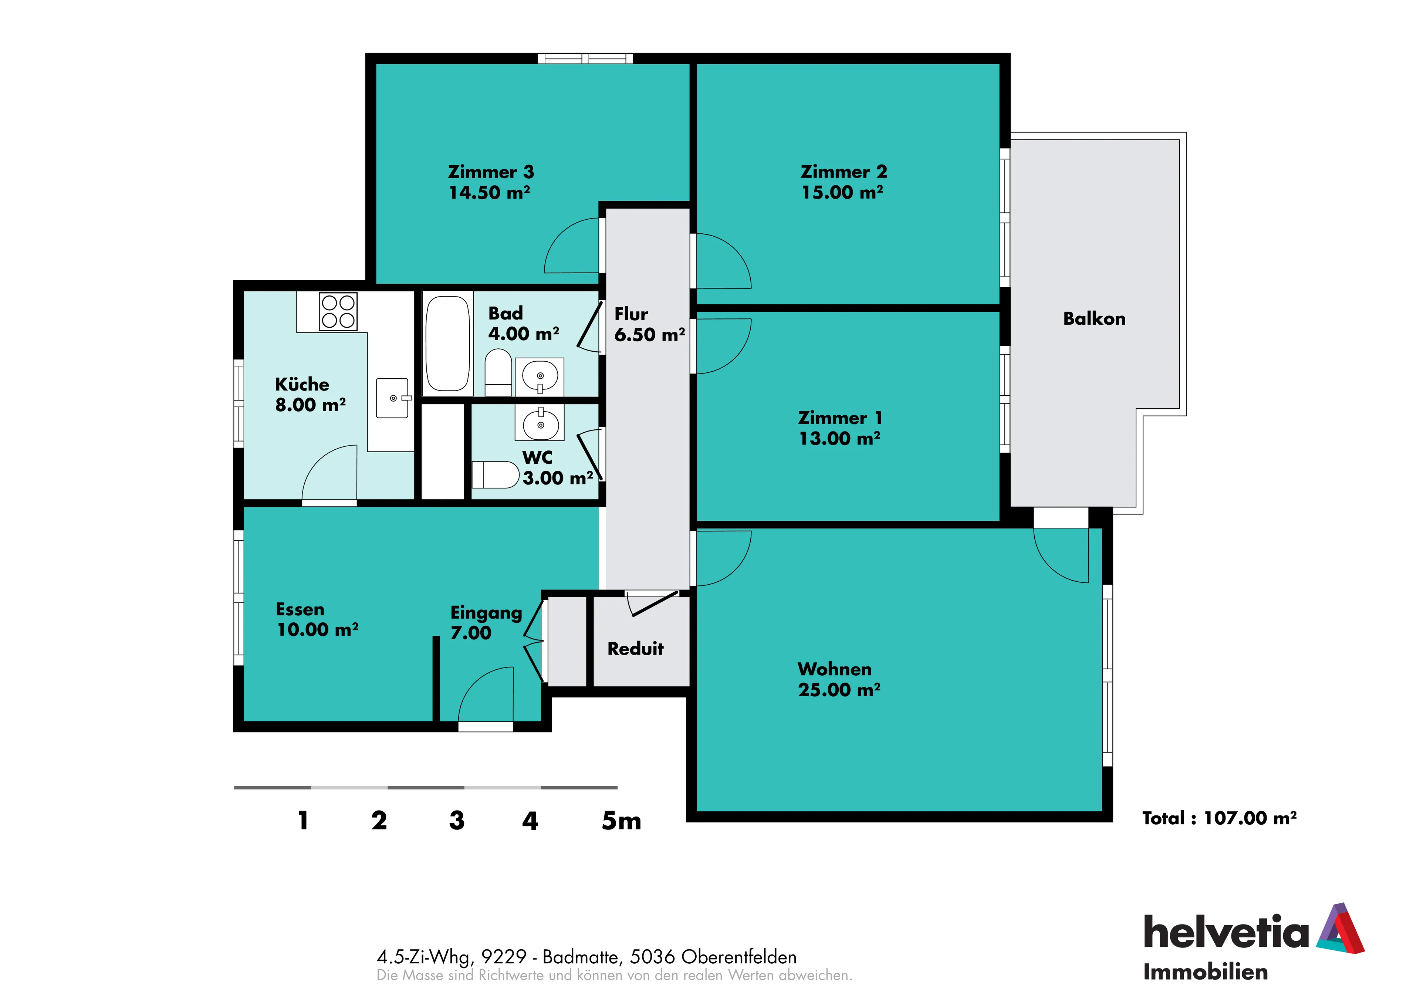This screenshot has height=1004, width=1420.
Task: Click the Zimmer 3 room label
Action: (x=490, y=172)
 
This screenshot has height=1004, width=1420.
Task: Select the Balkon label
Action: (x=1094, y=319)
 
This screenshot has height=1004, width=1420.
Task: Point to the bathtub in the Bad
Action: (x=448, y=343)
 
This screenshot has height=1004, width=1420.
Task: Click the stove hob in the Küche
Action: (x=338, y=311)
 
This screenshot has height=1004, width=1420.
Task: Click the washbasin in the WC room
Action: (x=540, y=423)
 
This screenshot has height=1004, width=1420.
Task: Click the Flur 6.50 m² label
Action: (x=649, y=324)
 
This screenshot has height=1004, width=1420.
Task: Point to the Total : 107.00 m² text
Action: (x=1219, y=818)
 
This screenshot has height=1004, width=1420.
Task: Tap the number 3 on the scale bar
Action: (x=456, y=821)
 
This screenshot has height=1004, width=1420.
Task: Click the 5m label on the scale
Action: (x=621, y=821)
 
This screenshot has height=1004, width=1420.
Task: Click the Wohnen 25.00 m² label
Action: (x=839, y=679)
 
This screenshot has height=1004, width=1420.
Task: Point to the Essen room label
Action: (x=300, y=609)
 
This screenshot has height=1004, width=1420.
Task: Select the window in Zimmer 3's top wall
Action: (x=585, y=59)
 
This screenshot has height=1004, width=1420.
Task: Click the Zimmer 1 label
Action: (x=840, y=418)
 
